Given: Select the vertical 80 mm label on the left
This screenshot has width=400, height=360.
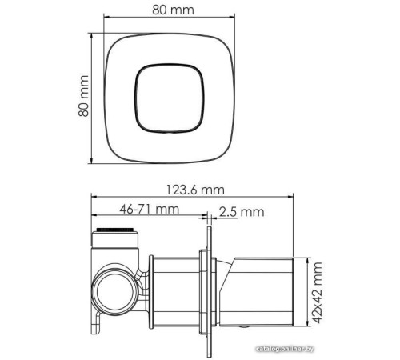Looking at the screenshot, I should (82, 97).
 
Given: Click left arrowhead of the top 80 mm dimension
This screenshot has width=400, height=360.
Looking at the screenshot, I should (111, 24).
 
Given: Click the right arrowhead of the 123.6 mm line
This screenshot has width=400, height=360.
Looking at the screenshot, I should (293, 197).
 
